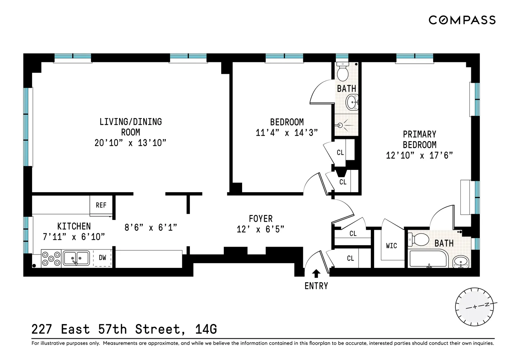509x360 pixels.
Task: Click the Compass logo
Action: (x=462, y=20)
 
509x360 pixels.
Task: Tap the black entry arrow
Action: (x=316, y=274)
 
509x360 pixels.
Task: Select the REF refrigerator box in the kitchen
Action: (x=101, y=205)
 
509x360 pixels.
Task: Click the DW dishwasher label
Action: (x=103, y=258)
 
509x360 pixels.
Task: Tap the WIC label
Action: (x=391, y=246)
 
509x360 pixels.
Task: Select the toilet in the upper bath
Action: (x=342, y=72)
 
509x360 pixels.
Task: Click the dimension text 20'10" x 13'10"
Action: (x=130, y=143)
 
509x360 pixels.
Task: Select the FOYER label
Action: (x=261, y=219)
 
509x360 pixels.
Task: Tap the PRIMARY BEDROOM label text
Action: (x=419, y=140)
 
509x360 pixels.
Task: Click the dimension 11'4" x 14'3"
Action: (x=287, y=133)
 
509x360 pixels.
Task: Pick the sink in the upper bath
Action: (x=352, y=102)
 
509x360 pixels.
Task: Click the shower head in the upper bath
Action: (x=341, y=125)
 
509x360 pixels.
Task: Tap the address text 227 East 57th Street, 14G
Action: (x=124, y=329)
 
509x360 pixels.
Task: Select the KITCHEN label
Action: (x=74, y=226)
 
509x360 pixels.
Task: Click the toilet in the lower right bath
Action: (x=419, y=239)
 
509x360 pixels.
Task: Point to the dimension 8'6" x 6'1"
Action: (x=151, y=228)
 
